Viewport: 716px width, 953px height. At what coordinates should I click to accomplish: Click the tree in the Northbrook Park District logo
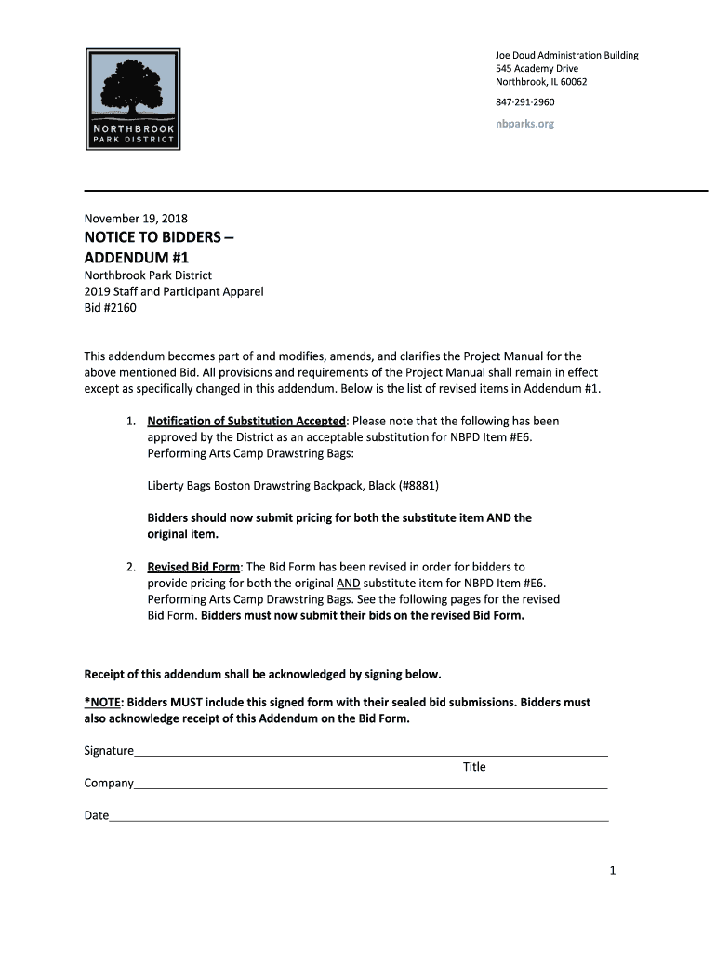coord(133,81)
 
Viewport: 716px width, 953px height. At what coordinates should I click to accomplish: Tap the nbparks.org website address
coord(524,124)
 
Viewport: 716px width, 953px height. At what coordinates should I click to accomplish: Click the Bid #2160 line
coord(110,308)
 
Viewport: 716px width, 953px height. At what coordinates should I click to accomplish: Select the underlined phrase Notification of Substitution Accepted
coord(246,421)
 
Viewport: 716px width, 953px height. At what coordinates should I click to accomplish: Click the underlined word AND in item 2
coord(348,583)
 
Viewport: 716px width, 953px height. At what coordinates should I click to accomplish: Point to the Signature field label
coord(109,750)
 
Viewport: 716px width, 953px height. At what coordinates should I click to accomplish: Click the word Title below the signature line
coord(474,767)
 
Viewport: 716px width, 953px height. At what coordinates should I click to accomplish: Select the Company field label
coord(109,784)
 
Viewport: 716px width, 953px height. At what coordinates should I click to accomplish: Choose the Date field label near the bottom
coord(97,816)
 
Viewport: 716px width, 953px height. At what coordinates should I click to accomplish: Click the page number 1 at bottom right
coord(613,870)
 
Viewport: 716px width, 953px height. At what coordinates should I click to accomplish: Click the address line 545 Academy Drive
coord(537,69)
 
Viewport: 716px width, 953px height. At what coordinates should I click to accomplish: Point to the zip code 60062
coord(573,82)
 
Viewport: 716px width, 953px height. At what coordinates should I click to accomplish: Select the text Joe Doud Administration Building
coord(566,56)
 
